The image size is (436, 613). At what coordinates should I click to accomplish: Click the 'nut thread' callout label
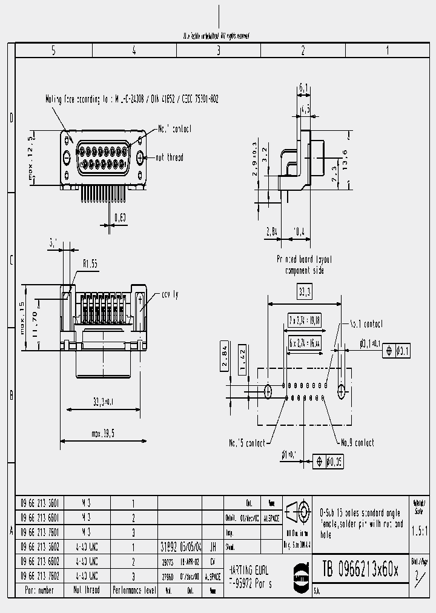coord(170,157)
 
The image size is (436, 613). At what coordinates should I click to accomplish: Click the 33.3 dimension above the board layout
coord(305,293)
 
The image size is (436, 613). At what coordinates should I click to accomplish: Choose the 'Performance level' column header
coord(134,589)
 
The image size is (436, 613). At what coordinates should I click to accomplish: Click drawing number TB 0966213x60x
coord(360,569)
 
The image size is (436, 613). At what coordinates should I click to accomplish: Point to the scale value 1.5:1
coord(419,531)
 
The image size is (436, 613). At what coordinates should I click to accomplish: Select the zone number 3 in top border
coord(218,51)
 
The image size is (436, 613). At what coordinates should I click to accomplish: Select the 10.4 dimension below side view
coord(300,231)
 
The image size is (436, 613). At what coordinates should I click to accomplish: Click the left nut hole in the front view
coord(67,157)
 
